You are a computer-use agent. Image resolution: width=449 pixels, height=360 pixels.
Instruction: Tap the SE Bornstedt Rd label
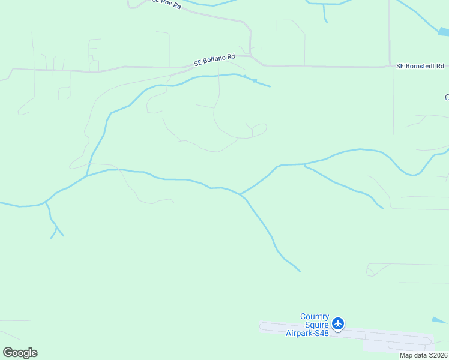[x=420, y=66]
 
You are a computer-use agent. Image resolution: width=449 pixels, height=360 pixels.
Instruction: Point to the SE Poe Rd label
[x=166, y=4]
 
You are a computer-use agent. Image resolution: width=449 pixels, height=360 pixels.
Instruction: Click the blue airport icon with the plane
[x=338, y=324]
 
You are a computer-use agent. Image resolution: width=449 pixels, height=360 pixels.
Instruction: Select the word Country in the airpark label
[x=315, y=317]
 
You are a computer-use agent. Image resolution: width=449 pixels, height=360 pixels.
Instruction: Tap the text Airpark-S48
[x=307, y=333]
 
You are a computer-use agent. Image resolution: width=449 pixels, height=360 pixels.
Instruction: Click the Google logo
[x=20, y=353]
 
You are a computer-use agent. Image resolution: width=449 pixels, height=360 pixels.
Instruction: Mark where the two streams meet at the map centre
[x=240, y=194]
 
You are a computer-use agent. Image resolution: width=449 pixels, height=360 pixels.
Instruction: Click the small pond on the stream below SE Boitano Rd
[x=255, y=80]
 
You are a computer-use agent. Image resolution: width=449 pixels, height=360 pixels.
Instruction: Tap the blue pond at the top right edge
[x=443, y=31]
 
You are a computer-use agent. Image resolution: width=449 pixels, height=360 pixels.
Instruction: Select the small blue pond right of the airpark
[x=439, y=320]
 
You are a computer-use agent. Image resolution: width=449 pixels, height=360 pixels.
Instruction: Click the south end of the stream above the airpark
[x=299, y=271]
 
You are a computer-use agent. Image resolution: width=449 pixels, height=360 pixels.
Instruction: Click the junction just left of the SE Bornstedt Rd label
[x=390, y=66]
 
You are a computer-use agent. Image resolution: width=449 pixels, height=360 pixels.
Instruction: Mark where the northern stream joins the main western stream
[x=87, y=176]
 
